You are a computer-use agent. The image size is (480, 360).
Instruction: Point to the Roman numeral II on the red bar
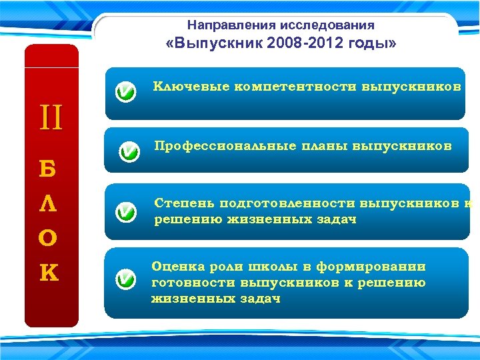coord(51,121)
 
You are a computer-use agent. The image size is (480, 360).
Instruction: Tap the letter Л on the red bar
coord(51,203)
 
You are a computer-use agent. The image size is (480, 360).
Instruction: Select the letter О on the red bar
coord(51,238)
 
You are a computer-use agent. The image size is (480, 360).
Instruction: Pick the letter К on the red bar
coord(51,273)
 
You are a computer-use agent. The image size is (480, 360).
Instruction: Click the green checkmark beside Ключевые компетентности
coord(125,92)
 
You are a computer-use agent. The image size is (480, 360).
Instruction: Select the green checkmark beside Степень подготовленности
coord(125,213)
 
